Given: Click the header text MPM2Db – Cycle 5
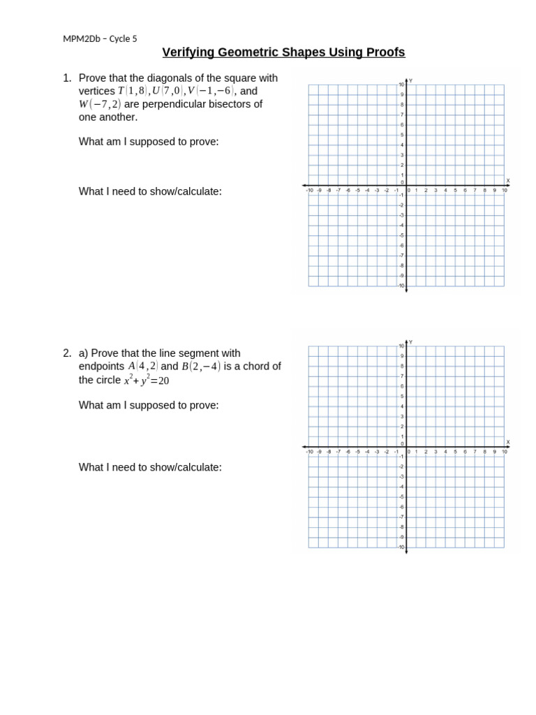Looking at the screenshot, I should tap(100, 38).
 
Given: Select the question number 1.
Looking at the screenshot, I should tap(67, 78).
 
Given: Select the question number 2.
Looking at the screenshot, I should tap(67, 353).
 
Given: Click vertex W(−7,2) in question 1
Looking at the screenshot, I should tap(100, 104).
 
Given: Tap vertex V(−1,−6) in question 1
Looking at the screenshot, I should tap(209, 91).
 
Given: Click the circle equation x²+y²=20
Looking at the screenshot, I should tap(147, 381).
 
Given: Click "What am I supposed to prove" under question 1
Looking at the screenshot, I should tap(149, 142).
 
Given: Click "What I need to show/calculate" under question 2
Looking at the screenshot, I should tap(150, 467).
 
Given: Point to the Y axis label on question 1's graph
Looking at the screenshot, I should tap(410, 81).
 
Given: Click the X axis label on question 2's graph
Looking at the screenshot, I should tap(507, 441).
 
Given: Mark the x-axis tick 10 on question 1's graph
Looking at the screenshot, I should tap(504, 190).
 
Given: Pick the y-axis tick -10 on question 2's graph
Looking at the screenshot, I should tap(401, 547).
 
